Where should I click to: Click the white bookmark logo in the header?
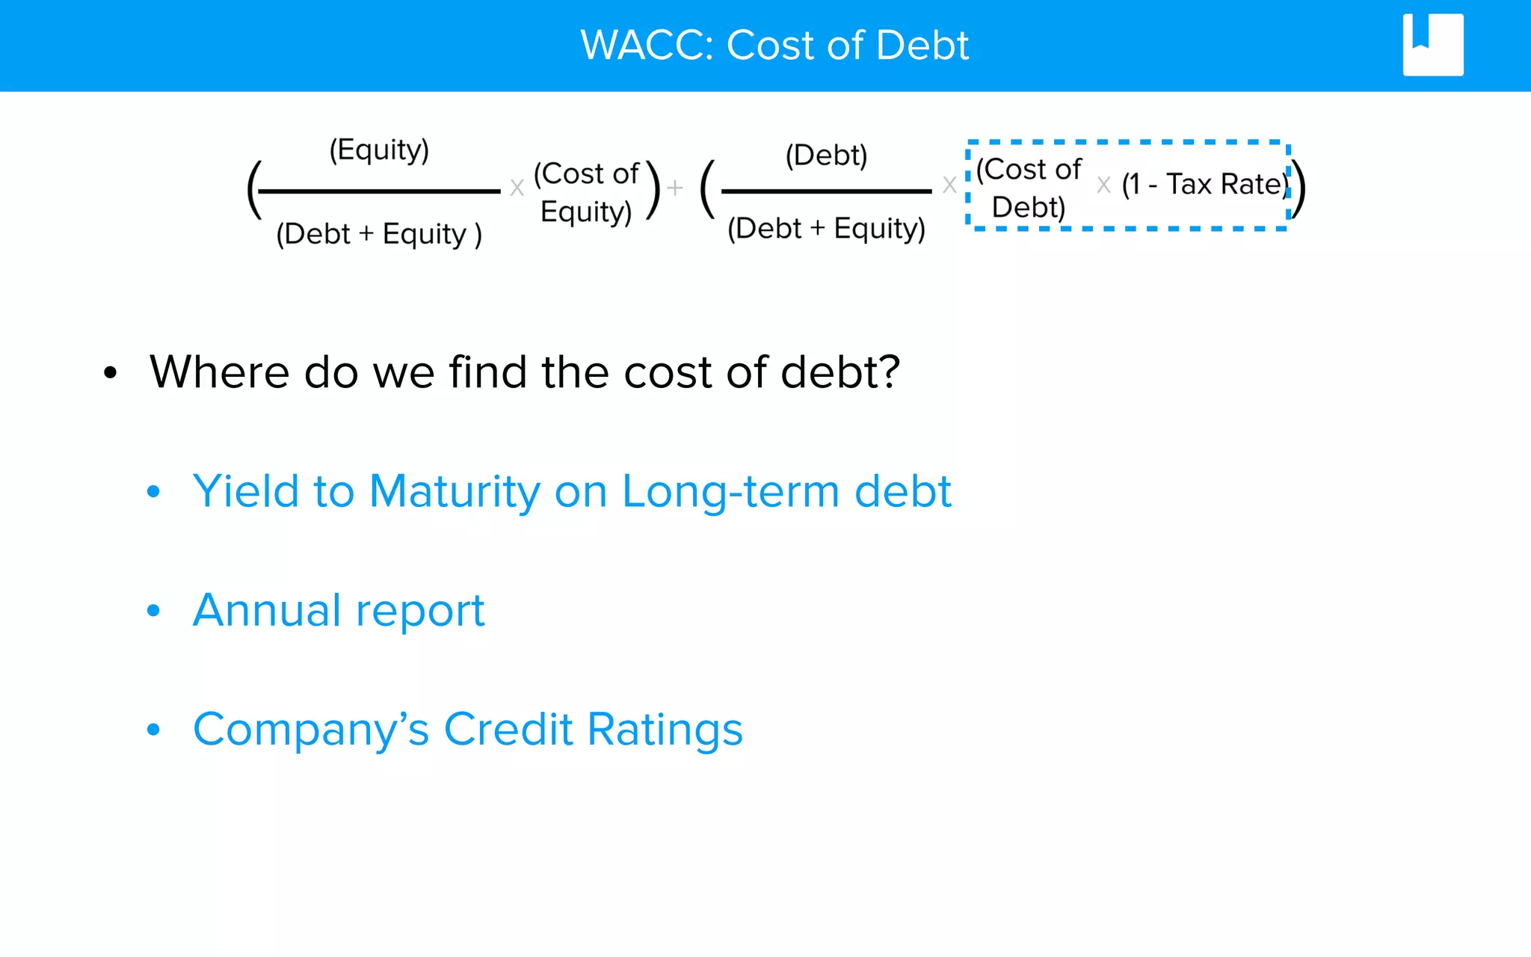[1432, 45]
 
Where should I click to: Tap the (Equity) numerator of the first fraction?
[379, 150]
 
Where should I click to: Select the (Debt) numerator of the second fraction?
[826, 156]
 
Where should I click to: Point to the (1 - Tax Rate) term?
[1205, 184]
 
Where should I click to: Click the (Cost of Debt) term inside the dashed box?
[1029, 188]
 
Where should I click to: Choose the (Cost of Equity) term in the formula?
[586, 192]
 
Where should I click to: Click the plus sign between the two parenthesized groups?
[675, 188]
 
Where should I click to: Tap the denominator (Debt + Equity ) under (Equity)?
[379, 234]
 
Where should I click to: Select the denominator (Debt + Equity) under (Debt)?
[826, 228]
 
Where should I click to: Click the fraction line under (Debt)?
[826, 191]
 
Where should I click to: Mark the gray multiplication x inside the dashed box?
[1103, 185]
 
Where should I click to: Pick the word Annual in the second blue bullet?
[267, 611]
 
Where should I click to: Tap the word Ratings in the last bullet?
[665, 730]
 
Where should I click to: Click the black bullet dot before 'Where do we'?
[111, 372]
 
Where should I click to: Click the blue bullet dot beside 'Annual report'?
[153, 611]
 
